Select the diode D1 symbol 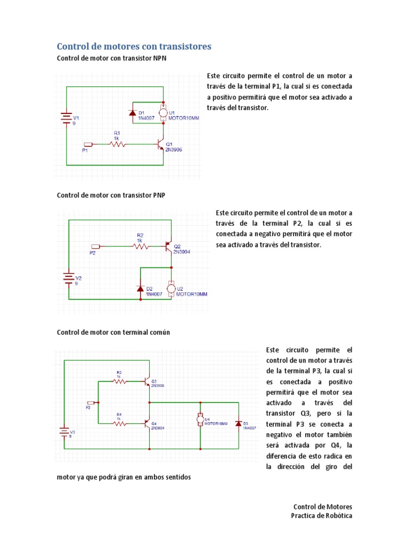pos(132,113)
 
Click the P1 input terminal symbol pos(89,144)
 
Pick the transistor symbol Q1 pos(160,144)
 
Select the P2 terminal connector pos(96,246)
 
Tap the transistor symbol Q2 pos(169,246)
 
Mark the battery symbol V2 pos(68,278)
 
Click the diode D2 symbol pos(140,288)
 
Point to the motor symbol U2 pos(171,289)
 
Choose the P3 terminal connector pos(91,403)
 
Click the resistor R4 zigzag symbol pos(119,424)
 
